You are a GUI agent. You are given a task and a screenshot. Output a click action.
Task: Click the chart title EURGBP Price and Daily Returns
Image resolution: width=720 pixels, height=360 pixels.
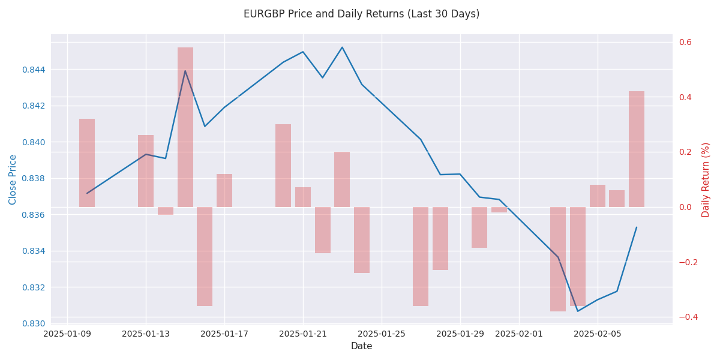[361, 14]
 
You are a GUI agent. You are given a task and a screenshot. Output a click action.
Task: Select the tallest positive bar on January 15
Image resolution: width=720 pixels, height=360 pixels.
[185, 127]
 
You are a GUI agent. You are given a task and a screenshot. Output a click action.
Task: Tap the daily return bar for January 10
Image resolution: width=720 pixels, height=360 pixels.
[87, 163]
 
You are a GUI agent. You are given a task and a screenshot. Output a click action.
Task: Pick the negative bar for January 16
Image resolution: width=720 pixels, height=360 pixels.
[205, 256]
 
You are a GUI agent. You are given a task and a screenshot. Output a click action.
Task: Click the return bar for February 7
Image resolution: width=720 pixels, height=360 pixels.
[637, 149]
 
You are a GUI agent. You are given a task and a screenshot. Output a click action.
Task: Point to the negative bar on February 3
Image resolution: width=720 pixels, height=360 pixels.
[558, 259]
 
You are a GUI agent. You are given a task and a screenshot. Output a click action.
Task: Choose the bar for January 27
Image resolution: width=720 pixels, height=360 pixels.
[421, 256]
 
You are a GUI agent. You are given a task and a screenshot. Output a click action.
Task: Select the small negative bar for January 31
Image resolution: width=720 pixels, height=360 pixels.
[499, 210]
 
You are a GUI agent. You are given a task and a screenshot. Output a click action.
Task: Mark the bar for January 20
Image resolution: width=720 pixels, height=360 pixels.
[283, 166]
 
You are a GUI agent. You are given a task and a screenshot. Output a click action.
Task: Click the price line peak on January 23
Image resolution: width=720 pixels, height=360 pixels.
[342, 47]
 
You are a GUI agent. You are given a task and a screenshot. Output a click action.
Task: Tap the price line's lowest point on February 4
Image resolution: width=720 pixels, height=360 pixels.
[578, 311]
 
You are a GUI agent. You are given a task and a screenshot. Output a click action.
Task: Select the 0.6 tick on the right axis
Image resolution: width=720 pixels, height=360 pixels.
[685, 42]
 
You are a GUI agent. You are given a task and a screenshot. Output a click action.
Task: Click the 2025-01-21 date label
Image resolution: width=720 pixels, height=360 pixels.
[303, 334]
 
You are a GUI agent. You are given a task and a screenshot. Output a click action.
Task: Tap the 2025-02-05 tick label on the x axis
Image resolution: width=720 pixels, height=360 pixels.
[598, 334]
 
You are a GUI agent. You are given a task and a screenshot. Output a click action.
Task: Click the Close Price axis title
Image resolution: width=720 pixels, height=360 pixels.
[13, 179]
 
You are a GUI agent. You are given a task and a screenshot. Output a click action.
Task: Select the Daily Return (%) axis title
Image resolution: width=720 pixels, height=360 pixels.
[706, 179]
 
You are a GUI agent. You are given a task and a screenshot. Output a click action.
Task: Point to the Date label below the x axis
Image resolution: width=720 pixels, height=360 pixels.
[361, 346]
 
